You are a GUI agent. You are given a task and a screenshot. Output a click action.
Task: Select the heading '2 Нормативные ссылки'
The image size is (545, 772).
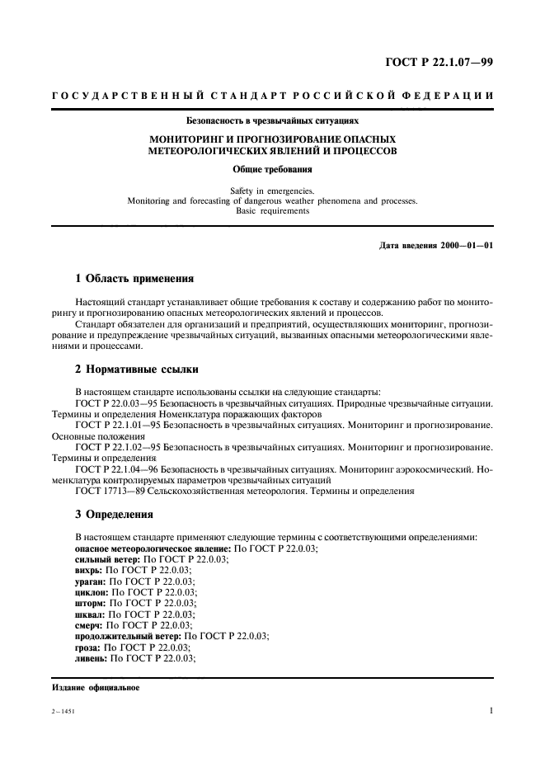point(136,369)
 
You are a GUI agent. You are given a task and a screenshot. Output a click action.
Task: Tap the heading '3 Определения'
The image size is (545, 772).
point(114,514)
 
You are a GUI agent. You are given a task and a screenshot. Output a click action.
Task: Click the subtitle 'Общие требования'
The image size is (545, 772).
point(272,169)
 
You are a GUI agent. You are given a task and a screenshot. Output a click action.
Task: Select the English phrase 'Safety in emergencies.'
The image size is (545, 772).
point(272,191)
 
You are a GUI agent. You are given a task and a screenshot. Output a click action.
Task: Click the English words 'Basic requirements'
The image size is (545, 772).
point(272,210)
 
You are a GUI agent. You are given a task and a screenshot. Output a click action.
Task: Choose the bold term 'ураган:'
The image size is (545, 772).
point(90,581)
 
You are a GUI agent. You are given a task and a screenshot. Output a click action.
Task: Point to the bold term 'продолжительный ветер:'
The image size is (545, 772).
point(129,637)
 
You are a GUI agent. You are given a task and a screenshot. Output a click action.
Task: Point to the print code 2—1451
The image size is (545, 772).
point(63,712)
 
